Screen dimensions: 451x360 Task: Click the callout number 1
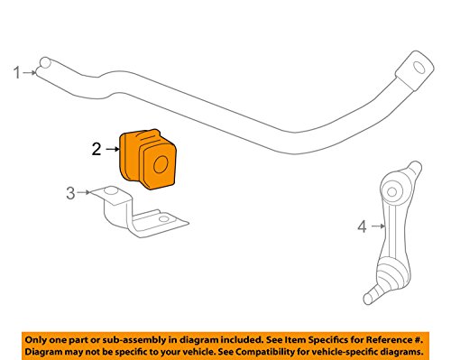[17, 73]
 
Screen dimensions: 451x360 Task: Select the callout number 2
[97, 149]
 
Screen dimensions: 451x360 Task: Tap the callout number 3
[70, 193]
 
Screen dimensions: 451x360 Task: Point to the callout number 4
[363, 226]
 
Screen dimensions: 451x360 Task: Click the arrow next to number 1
[30, 72]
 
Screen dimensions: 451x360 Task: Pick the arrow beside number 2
[113, 149]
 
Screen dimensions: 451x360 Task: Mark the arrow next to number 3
[83, 192]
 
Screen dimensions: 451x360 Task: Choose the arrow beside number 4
[378, 226]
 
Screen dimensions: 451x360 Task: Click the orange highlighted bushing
[147, 159]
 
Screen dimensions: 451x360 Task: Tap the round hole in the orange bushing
[161, 164]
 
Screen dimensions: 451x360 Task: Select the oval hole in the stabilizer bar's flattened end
[419, 68]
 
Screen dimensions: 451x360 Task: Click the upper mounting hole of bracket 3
[111, 190]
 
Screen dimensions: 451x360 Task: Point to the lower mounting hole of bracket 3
[163, 218]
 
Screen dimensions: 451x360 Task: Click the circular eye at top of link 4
[391, 192]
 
